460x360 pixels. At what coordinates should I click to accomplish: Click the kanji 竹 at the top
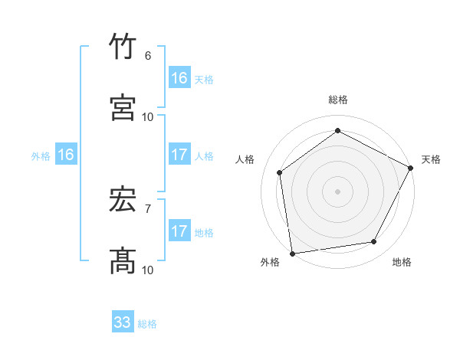click(x=123, y=47)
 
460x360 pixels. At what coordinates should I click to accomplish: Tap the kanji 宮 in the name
click(x=123, y=108)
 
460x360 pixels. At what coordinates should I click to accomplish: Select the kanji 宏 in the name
click(x=123, y=201)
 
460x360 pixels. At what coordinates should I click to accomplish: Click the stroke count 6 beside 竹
click(x=147, y=55)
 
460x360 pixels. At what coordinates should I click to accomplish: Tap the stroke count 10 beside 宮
click(x=148, y=116)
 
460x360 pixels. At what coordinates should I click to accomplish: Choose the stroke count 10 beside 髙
click(x=148, y=270)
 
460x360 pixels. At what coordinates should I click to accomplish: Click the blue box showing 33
click(x=123, y=322)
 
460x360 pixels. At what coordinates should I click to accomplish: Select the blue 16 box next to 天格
click(x=179, y=78)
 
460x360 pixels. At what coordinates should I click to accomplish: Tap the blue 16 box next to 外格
click(x=66, y=155)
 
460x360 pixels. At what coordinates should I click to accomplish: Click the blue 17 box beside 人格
click(x=179, y=155)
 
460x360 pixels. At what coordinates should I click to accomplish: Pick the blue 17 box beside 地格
click(x=179, y=231)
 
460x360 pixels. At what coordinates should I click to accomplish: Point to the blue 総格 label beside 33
click(x=147, y=324)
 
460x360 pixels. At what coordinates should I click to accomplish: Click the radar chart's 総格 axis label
click(x=337, y=100)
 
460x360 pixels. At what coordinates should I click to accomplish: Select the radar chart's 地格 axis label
click(x=402, y=262)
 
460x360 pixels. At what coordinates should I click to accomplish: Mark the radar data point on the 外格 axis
click(x=292, y=253)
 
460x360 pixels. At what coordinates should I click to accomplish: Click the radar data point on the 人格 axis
click(x=280, y=172)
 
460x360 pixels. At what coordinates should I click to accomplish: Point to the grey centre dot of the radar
click(x=337, y=191)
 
